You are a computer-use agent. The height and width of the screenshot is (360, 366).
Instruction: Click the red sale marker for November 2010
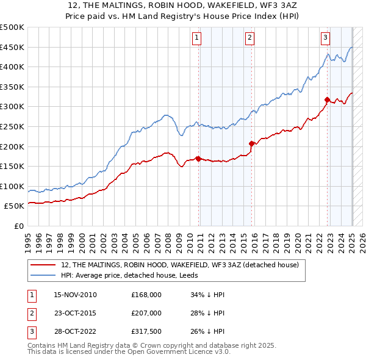point(199,159)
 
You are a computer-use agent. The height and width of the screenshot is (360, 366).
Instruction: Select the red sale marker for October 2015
point(251,143)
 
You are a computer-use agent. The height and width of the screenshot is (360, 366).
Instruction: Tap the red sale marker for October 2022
point(327,99)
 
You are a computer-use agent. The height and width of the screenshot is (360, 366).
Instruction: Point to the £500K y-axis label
point(12,27)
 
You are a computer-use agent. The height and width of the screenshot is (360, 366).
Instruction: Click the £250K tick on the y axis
point(12,126)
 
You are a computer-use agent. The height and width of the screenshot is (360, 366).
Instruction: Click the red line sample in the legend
point(44,265)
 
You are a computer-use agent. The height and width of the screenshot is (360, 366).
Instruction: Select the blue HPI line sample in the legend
point(44,275)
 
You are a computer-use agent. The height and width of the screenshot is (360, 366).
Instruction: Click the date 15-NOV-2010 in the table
point(75,295)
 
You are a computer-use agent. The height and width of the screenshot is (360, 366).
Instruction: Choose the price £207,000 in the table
point(146,314)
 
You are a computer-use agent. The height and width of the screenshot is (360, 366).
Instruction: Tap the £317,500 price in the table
point(146,333)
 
